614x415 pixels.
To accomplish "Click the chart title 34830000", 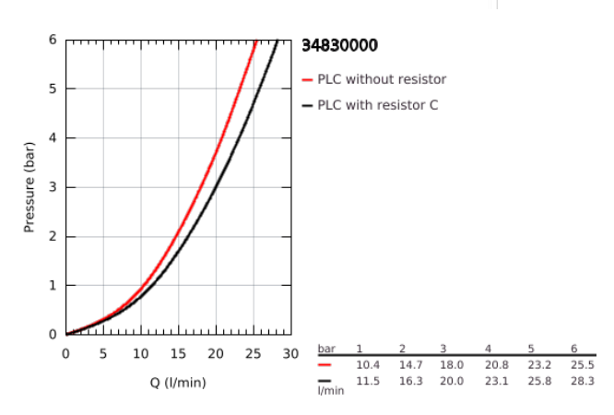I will point(339,46).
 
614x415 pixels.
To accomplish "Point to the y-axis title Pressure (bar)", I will point(30,187).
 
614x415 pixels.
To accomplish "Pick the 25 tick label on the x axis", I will point(254,354).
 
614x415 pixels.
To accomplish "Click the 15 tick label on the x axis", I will point(178,354).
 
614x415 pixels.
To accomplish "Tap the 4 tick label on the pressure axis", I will point(53,138).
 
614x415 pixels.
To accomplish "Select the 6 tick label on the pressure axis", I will point(53,41).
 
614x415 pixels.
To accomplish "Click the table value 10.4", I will point(368,365).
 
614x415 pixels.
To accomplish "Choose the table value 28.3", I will point(582,381).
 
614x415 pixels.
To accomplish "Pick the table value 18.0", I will point(451,365).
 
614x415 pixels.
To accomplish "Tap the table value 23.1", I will point(496,381).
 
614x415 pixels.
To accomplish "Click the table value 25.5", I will point(582,365).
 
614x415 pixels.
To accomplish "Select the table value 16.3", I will point(410,381).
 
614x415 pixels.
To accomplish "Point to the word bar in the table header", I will point(326,349).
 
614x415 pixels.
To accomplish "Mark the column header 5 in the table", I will point(531,349).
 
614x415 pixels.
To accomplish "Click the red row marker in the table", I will point(325,365).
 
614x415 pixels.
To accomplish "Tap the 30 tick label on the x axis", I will point(290,354).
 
